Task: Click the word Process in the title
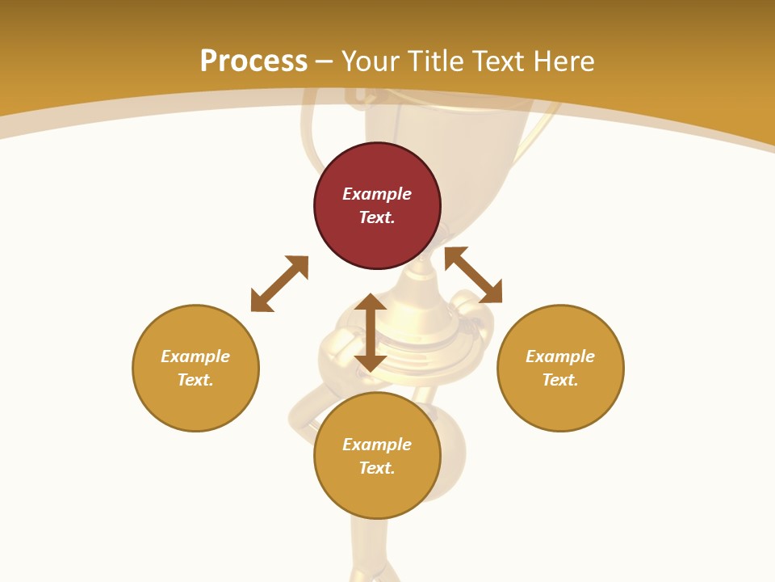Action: pos(253,61)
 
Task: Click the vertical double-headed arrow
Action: pos(371,333)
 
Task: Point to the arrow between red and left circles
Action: pos(279,284)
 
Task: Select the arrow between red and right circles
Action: pos(473,275)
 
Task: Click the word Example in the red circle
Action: pos(377,194)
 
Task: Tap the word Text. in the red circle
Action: pos(377,217)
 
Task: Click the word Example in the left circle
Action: pos(195,356)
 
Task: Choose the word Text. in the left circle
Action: pos(195,380)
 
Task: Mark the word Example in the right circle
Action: pos(560,356)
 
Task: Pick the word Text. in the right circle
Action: pos(560,380)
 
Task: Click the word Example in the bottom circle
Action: pos(377,445)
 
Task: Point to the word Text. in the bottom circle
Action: pos(377,468)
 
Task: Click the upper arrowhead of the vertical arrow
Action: pos(371,302)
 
